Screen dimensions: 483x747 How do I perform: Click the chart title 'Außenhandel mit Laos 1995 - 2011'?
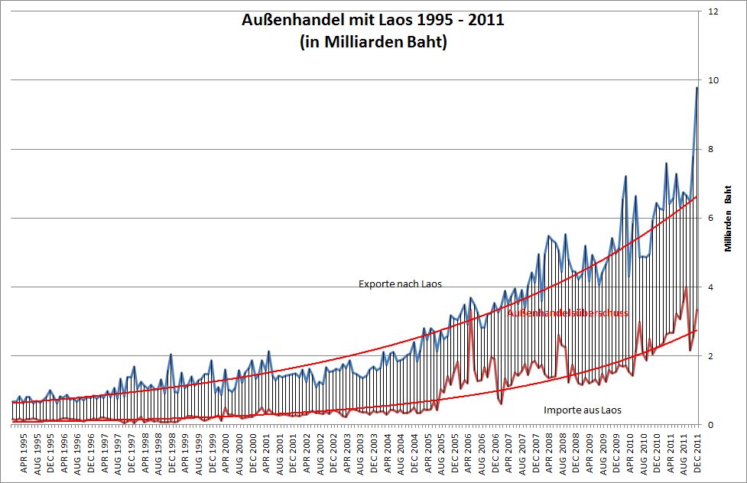tap(372, 20)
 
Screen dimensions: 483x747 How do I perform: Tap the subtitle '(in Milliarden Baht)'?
tap(372, 43)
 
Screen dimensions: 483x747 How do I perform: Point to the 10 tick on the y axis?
tap(713, 81)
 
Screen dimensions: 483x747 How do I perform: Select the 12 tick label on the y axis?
tap(713, 12)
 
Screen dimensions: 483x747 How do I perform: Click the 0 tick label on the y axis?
tap(713, 425)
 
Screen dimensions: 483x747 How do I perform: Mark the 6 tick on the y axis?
tap(713, 219)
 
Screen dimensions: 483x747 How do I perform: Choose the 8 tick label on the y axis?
tap(713, 150)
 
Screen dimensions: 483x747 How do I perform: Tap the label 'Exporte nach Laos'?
tap(400, 284)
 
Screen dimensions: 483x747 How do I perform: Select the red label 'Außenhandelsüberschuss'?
tap(568, 313)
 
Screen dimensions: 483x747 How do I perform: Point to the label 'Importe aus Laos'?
tap(583, 410)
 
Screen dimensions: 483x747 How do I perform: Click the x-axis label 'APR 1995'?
tap(24, 454)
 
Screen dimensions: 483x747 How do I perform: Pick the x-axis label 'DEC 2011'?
tap(697, 454)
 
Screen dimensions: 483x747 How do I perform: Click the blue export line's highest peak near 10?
tap(697, 88)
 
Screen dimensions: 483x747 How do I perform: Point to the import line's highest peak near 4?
tap(686, 287)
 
